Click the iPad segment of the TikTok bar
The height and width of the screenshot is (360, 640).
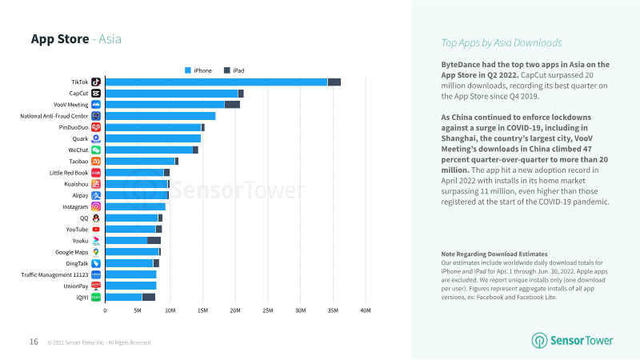tap(334, 82)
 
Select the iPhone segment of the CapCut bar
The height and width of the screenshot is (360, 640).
tap(171, 94)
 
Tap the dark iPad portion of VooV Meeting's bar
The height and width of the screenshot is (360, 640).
tap(232, 105)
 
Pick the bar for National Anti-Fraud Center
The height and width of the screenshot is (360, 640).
tap(160, 116)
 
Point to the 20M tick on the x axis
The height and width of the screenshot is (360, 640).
tap(235, 310)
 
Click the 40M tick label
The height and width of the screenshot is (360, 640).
tap(366, 310)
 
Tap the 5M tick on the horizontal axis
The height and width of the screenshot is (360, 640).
tap(138, 310)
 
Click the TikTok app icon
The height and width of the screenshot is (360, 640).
tap(96, 82)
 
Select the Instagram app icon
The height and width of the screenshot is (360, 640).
tap(96, 206)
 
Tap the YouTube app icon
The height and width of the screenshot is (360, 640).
tap(96, 230)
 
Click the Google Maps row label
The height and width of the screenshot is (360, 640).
tap(71, 252)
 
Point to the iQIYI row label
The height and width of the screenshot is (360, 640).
tap(78, 298)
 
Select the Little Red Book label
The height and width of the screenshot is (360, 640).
tap(68, 173)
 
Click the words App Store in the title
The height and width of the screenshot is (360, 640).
tap(59, 38)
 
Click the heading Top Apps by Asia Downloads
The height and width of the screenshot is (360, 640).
tap(502, 43)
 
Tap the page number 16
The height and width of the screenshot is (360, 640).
tap(34, 342)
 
